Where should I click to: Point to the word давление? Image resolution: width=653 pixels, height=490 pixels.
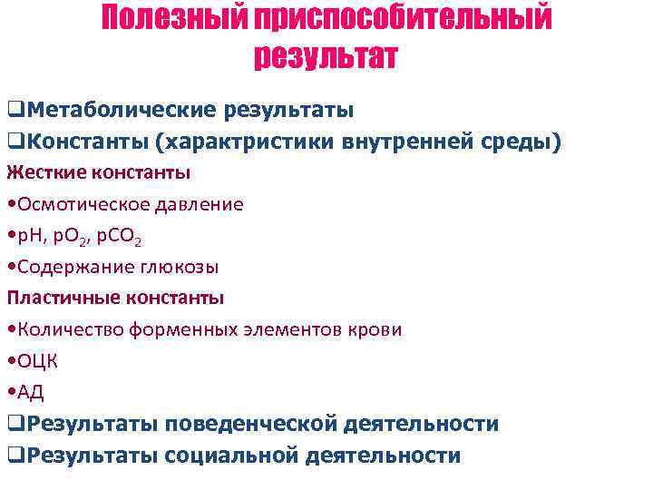pyautogui.click(x=198, y=204)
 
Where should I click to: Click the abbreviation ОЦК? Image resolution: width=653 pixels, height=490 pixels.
pyautogui.click(x=37, y=361)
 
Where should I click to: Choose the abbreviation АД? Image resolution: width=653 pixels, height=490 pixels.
pyautogui.click(x=30, y=392)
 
